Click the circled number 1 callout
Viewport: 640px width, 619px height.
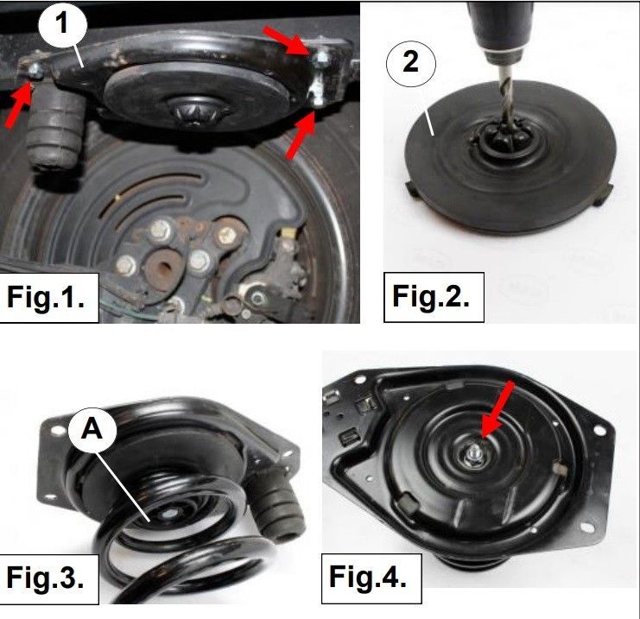coord(62,24)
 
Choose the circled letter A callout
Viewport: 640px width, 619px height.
coord(92,430)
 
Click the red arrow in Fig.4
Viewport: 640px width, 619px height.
coord(497,408)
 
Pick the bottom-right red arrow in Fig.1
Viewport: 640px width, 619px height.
coord(301,134)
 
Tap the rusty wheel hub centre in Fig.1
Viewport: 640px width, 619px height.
coord(164,268)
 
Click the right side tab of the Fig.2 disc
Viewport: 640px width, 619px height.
coord(602,194)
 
